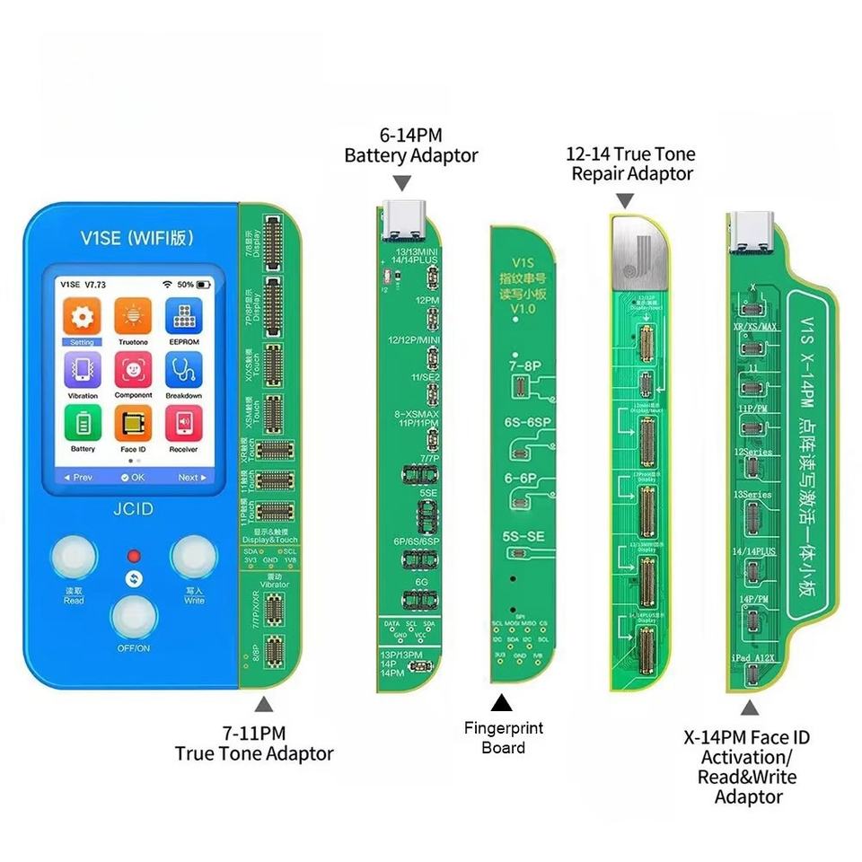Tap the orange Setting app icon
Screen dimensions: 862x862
click(82, 316)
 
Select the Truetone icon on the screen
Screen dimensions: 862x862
click(133, 316)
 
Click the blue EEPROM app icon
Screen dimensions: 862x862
click(183, 316)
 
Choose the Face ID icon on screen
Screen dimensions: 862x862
click(133, 423)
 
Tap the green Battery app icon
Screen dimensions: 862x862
click(82, 423)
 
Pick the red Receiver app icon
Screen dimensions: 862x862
click(183, 423)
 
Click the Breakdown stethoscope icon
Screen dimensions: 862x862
click(183, 369)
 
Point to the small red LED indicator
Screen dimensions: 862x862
click(134, 555)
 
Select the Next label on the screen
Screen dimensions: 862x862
click(188, 478)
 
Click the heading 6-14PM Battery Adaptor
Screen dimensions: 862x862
click(411, 145)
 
